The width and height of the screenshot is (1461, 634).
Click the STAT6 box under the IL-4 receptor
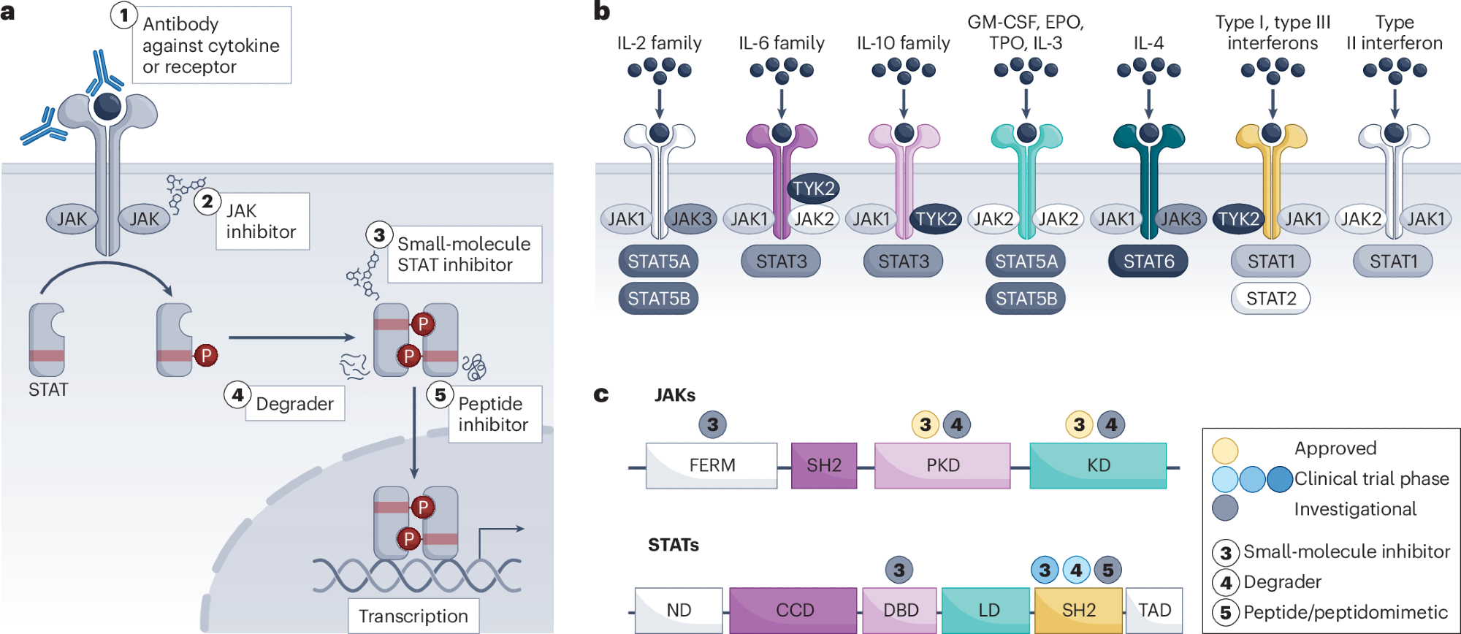point(1148,261)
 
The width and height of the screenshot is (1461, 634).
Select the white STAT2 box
point(1270,299)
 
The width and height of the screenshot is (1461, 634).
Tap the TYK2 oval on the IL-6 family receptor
point(813,188)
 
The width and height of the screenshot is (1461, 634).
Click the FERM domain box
point(712,465)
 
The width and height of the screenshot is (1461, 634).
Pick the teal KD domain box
point(1098,465)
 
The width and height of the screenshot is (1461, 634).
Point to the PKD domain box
point(942,465)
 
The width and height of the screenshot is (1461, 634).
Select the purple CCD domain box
point(793,610)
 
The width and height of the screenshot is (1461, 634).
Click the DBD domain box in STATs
point(900,610)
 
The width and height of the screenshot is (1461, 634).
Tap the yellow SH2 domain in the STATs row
point(1078,610)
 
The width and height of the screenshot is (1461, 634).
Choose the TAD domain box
point(1154,610)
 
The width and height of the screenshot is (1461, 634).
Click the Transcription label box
point(413,616)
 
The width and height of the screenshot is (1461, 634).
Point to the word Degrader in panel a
point(294,404)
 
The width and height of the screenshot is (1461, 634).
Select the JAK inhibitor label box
point(262,221)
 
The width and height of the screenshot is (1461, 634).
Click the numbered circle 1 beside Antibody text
point(124,15)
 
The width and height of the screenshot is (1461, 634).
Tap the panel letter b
point(602,11)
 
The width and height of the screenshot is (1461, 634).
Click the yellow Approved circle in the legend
point(1225,450)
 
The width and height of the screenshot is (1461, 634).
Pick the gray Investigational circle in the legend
point(1225,508)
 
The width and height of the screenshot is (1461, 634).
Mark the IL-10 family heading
point(904,43)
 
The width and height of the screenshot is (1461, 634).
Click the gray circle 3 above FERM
point(712,424)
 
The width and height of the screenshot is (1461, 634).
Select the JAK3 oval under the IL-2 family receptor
point(690,219)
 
